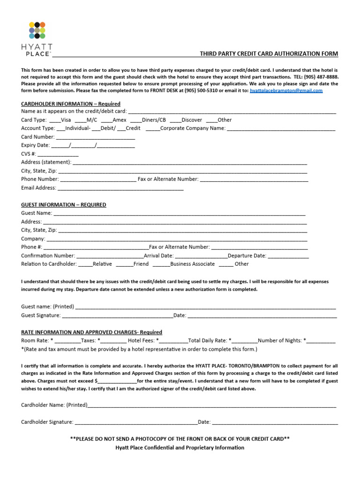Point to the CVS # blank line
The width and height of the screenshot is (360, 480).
(x=58, y=154)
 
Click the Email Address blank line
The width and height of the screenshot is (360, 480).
(x=120, y=188)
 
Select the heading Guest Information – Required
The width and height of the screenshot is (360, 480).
(x=64, y=205)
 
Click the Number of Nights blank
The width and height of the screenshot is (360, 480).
(x=321, y=341)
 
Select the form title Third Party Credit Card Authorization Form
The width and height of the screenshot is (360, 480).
(x=269, y=54)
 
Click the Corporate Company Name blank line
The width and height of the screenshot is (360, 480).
(x=281, y=129)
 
